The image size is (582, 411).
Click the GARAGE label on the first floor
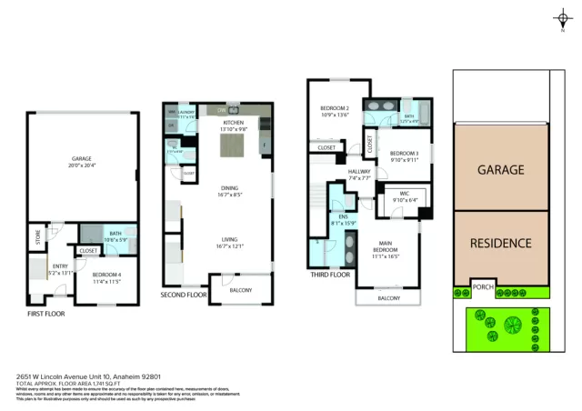pos(82,158)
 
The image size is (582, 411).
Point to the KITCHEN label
pos(232,123)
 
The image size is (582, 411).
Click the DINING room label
pos(229,188)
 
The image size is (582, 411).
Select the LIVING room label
pos(229,242)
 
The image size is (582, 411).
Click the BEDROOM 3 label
pos(404,154)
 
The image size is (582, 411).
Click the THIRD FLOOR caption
pos(330,275)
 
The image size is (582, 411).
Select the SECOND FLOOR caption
pos(185,294)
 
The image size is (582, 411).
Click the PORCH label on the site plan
pos(484,290)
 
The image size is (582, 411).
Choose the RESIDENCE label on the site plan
pos(500,243)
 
